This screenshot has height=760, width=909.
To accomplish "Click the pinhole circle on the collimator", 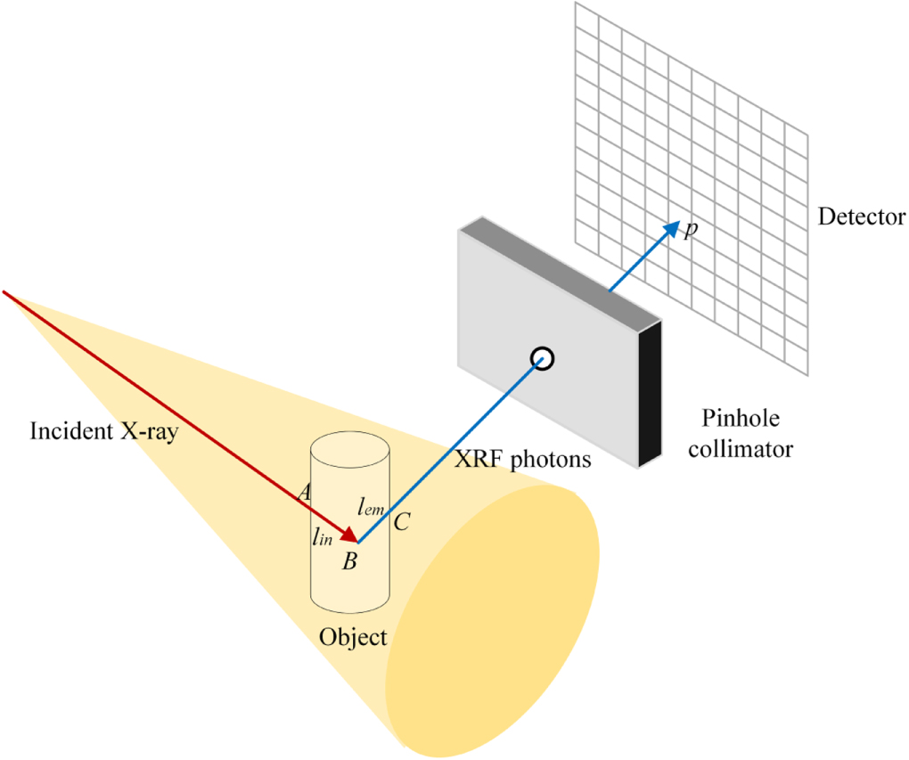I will (542, 358).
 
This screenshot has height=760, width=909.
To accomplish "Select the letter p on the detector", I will (690, 231).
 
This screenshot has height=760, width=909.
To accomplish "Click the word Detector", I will (862, 217).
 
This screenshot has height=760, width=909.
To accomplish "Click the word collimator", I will (747, 448).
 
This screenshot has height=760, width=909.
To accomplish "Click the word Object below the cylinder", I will (354, 637).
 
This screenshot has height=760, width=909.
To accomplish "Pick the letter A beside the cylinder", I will (304, 492).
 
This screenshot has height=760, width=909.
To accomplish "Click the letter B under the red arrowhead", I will (350, 561).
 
